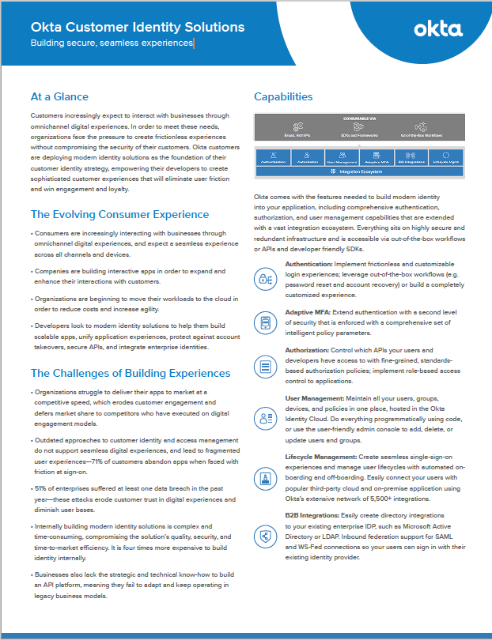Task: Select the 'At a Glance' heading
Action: coord(59,97)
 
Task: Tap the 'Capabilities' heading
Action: coord(283,97)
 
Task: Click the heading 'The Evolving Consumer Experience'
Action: coord(119,214)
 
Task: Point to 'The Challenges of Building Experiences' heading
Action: coord(131,373)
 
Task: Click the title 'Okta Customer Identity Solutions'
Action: coord(138,27)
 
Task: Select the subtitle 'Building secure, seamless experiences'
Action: coord(112,43)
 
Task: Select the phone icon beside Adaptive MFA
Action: coord(265,322)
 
